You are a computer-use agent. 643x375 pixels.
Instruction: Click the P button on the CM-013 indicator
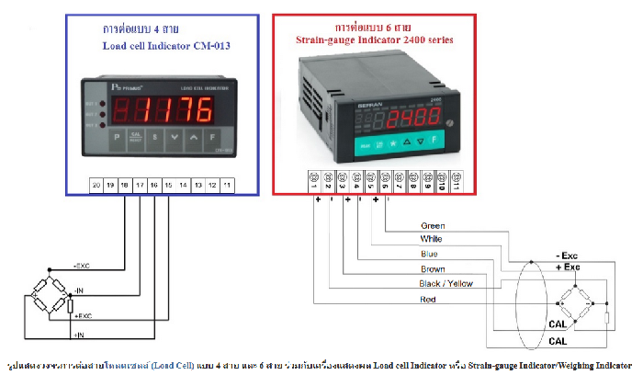[x=117, y=138]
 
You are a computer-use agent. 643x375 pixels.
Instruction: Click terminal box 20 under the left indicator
[x=96, y=185]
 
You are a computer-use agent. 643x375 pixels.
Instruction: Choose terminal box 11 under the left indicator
[x=228, y=185]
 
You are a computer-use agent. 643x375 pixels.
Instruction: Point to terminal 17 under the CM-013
[x=140, y=185]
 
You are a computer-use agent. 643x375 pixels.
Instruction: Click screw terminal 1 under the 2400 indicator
[x=314, y=179]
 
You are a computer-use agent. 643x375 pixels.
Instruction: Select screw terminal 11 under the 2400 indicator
[x=456, y=179]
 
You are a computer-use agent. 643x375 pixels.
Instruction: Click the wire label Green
[x=432, y=225]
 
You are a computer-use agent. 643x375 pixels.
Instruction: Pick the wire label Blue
[x=429, y=254]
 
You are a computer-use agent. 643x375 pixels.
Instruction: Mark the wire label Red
[x=428, y=300]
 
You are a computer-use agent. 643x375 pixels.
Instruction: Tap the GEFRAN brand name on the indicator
[x=365, y=105]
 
